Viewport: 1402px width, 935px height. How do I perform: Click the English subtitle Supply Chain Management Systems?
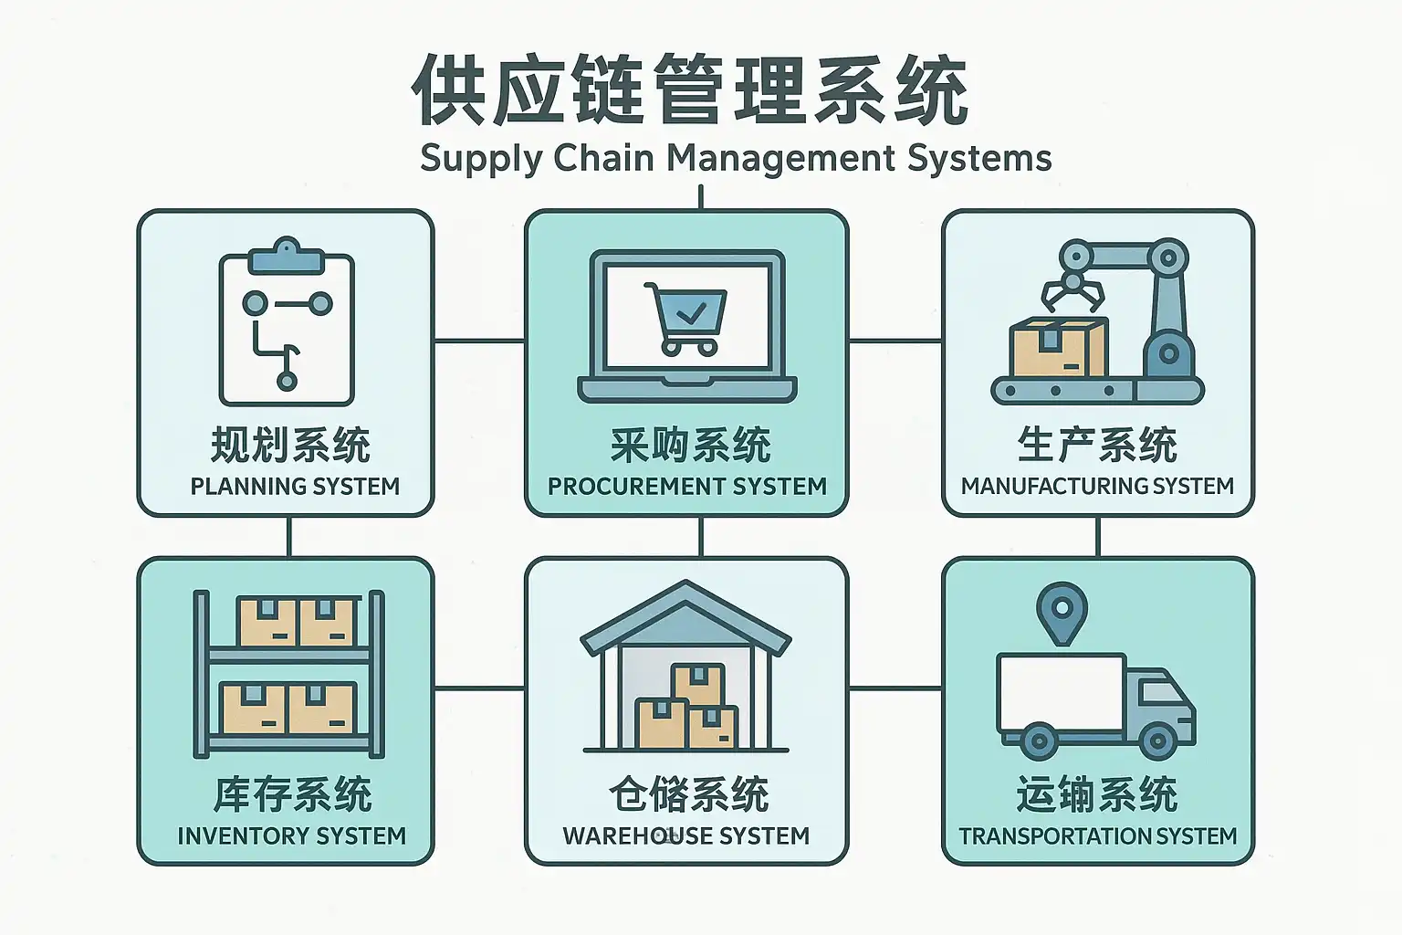(736, 158)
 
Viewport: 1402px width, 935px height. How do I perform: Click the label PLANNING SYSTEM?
(295, 487)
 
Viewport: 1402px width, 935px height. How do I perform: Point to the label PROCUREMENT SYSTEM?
(686, 487)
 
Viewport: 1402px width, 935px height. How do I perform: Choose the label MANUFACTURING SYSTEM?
(1097, 487)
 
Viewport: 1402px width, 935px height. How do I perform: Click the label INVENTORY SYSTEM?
(291, 836)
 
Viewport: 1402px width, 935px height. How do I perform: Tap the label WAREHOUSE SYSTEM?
(685, 836)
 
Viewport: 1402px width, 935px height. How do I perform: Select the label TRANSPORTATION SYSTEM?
(1097, 836)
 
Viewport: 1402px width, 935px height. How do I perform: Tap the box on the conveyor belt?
(1059, 349)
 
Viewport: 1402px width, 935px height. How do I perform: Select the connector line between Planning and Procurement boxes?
(479, 341)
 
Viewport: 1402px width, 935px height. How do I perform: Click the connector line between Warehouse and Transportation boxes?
(895, 688)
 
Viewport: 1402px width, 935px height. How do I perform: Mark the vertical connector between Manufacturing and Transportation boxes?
(1097, 537)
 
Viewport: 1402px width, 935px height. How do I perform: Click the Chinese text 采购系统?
(690, 446)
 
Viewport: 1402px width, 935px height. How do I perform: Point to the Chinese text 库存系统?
(292, 795)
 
